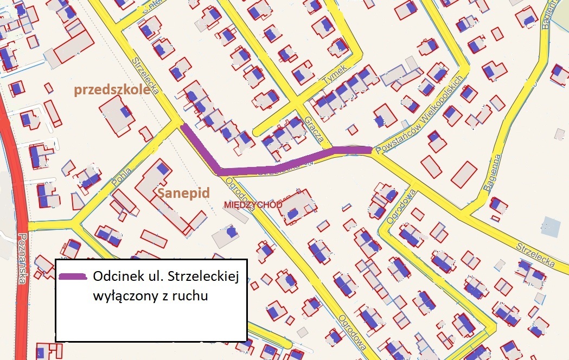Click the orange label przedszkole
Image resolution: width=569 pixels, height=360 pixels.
pos(112,90)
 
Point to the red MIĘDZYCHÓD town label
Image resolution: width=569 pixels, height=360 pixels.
pos(253,205)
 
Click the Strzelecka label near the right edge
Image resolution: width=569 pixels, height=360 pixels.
pos(536,254)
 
